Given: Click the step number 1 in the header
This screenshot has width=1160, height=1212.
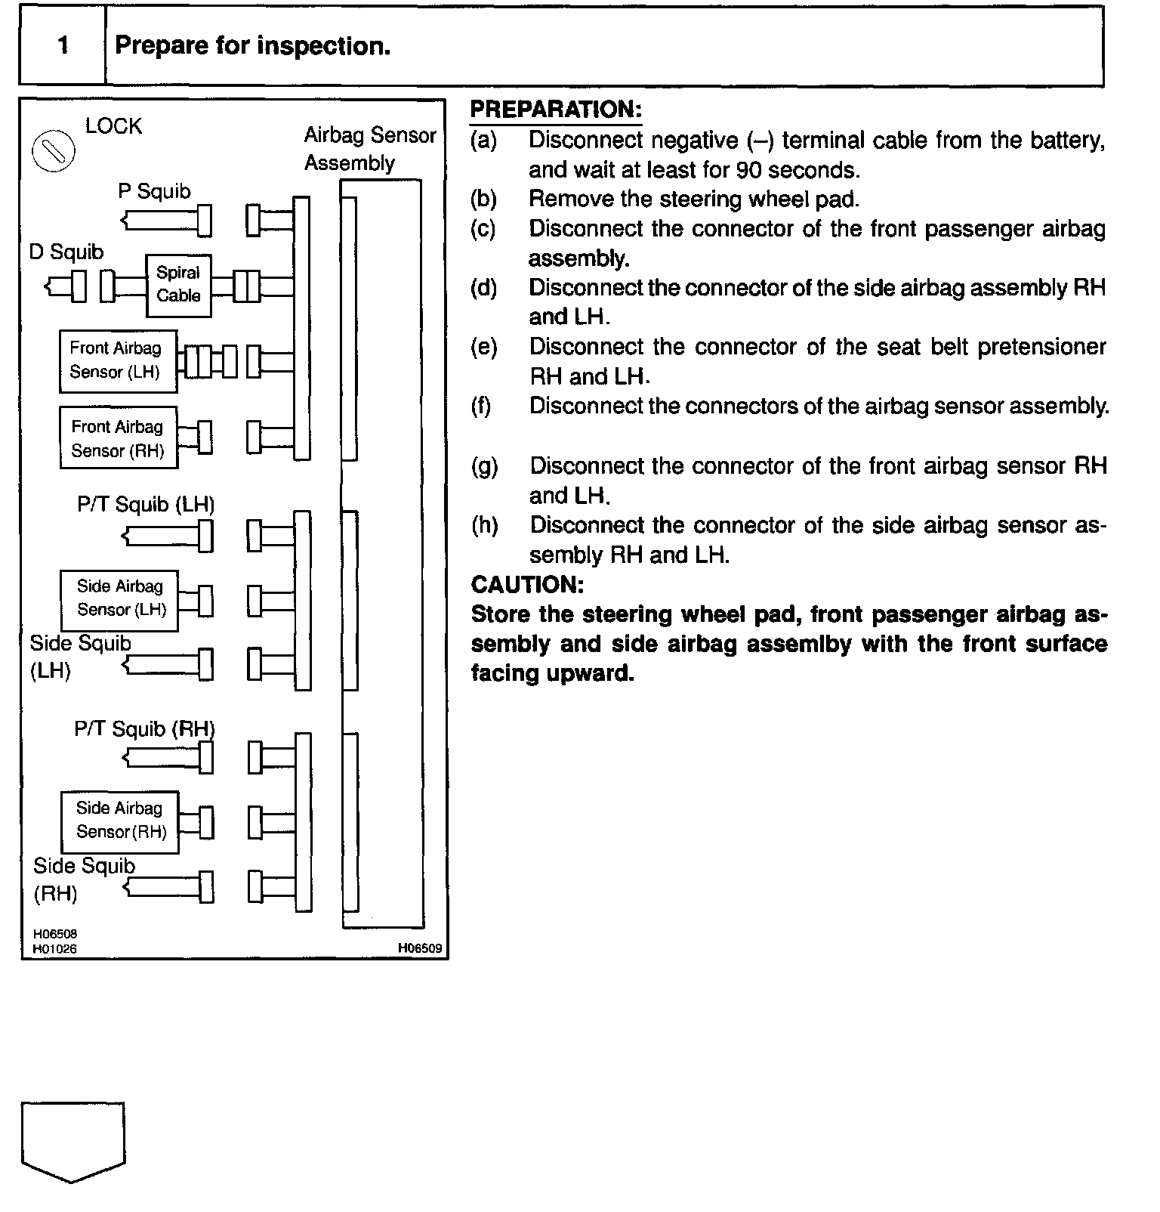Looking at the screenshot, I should pyautogui.click(x=63, y=46).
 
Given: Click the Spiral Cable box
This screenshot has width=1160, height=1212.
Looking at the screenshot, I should pyautogui.click(x=178, y=285).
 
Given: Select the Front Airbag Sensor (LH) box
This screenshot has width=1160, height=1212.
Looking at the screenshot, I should pyautogui.click(x=118, y=360).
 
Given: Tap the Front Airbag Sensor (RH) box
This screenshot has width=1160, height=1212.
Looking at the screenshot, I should pyautogui.click(x=119, y=438).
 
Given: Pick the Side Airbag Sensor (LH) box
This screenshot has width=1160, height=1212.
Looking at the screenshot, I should pyautogui.click(x=119, y=600).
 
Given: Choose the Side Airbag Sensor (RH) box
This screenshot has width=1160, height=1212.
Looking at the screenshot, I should pyautogui.click(x=120, y=821).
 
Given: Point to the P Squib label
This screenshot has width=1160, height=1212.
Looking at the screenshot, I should pyautogui.click(x=154, y=191).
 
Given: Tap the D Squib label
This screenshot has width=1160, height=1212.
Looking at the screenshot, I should pyautogui.click(x=66, y=252).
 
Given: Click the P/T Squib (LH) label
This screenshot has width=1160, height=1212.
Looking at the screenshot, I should pyautogui.click(x=146, y=504).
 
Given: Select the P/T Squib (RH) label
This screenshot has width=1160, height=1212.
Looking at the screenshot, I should pyautogui.click(x=144, y=729).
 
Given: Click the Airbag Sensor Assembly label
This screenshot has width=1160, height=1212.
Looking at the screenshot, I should pyautogui.click(x=370, y=149).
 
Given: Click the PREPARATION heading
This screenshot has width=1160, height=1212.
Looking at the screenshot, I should pyautogui.click(x=555, y=110).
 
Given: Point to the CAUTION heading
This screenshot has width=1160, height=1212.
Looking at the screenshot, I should pyautogui.click(x=527, y=584).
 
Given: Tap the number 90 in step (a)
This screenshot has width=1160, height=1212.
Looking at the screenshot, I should pyautogui.click(x=748, y=169).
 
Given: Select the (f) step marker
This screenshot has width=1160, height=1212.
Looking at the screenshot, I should pyautogui.click(x=480, y=407).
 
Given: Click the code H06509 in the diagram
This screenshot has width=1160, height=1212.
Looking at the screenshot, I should pyautogui.click(x=421, y=948).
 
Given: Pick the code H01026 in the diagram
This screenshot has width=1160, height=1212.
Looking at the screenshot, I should pyautogui.click(x=54, y=949).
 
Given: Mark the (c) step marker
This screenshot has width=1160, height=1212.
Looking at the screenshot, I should pyautogui.click(x=483, y=229).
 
